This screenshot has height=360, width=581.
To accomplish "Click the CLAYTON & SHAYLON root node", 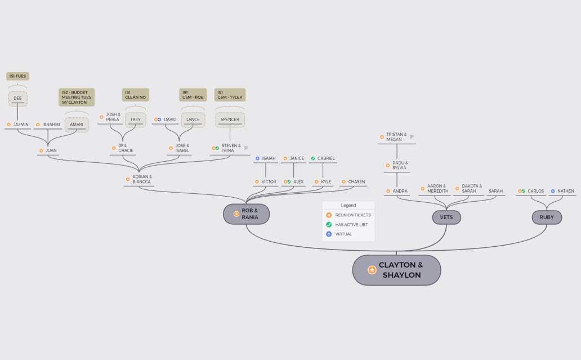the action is coord(396,270).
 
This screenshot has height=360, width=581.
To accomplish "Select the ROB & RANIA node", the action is coord(246,214).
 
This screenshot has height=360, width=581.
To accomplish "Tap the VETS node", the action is coord(446,217).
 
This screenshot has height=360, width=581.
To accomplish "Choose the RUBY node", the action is coord(547,217).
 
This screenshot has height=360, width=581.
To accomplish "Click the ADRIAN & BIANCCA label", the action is coord(142,180).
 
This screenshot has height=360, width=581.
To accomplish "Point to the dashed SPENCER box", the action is coord(230,120).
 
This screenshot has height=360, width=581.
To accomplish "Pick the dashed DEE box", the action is coord(18,99).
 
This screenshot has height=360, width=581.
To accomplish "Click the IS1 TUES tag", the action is coord(18,77).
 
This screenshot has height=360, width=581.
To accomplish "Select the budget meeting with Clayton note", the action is coord(77,97).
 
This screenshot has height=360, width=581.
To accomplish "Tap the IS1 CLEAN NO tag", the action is coord(135,95).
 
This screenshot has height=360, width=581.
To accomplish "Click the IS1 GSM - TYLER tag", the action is coord(230,95).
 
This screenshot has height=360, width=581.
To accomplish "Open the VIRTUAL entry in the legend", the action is coord(343,234).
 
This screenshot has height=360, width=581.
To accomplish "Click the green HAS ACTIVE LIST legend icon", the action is coord(329,225).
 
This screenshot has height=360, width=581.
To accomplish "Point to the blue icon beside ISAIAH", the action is coord(257,158).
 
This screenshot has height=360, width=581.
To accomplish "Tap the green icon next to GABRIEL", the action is coord(312,158).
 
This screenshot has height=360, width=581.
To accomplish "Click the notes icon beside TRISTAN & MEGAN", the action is coord(412,137).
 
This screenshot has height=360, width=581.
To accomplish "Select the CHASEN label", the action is coord(356,181).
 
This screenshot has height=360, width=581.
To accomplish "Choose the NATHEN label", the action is coord(565,192).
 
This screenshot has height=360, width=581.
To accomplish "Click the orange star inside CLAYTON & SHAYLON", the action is coord(372,270).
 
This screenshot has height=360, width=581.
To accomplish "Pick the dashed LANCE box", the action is coord(193,120).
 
